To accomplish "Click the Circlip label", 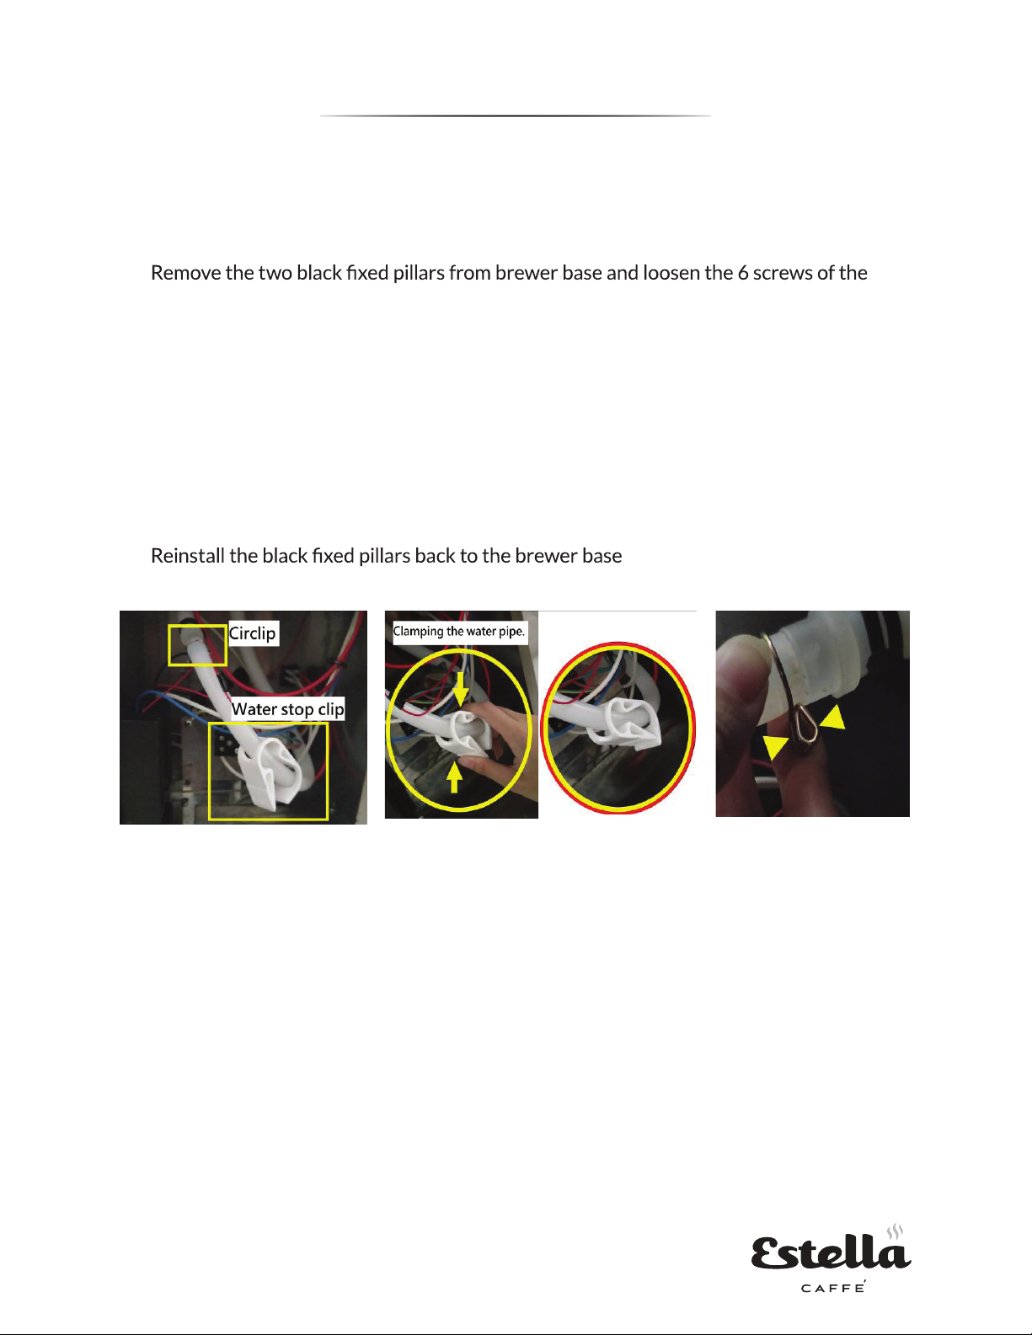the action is pos(253,633).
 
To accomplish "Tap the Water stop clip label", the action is pos(287,709).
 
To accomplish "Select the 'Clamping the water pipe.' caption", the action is pos(459,632).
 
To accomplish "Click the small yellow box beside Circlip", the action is pos(198,644).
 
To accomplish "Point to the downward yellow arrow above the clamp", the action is pos(460,687).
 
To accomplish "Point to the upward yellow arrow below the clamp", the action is pos(454,777).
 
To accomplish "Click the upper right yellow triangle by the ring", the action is pos(833,718).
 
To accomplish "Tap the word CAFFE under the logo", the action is pos(832,1288).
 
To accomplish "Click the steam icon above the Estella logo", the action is pos(896,1231).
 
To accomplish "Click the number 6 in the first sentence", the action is pos(743,273).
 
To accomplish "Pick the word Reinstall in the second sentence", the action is pos(187,556).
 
